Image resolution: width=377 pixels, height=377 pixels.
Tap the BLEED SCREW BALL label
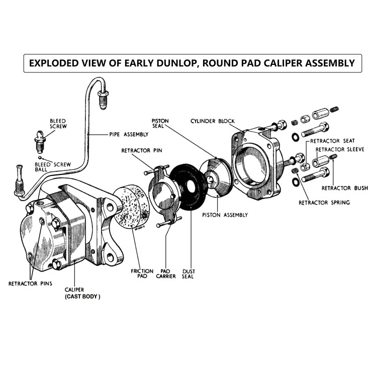[53, 167]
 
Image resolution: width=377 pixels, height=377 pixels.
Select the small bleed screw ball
[40, 158]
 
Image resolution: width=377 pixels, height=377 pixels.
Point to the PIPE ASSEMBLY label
[129, 134]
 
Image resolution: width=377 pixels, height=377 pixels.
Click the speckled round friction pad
[131, 207]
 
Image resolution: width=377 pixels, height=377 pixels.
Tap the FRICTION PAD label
[142, 273]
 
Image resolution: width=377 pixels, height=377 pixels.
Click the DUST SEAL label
[189, 274]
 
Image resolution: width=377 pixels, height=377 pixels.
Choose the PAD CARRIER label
[166, 273]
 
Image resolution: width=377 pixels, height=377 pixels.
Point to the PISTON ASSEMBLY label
[225, 215]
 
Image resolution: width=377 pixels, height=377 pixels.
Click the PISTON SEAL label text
[160, 123]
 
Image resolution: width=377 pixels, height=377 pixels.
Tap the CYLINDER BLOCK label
[213, 121]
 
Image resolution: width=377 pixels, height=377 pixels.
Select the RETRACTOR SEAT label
[332, 141]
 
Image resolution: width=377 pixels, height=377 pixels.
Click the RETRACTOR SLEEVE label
[340, 150]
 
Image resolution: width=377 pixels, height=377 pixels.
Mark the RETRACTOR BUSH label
[345, 188]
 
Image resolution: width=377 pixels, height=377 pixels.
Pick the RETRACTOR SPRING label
[324, 203]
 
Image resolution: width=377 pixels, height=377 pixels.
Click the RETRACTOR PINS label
[30, 284]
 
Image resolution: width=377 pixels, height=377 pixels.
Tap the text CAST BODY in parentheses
[82, 297]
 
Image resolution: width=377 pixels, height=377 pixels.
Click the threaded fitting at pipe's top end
[103, 100]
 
